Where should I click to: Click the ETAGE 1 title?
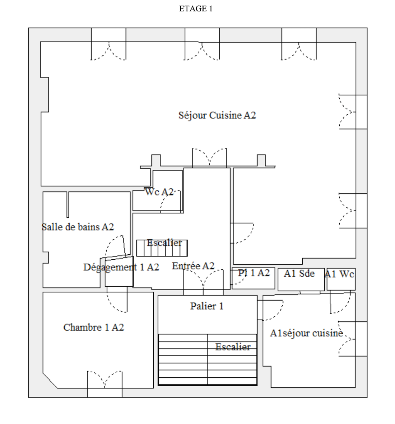pos(195,9)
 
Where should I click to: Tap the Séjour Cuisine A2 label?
pos(217,116)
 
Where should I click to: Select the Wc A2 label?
pos(159,192)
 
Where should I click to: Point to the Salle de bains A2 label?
pos(78,227)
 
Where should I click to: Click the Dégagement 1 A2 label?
pos(121,267)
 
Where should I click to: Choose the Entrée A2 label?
pos(193,266)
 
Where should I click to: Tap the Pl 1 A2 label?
pos(254,273)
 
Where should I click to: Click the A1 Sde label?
pos(299,273)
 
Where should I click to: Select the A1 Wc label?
pos(339,274)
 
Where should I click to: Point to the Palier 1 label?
pos(206,306)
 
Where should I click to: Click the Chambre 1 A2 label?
pos(94,328)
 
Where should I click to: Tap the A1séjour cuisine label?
pos(306,333)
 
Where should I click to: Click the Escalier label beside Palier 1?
pos(233,347)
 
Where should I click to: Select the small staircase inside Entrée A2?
pos(162,248)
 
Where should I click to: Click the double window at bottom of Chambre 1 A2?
pos(105,384)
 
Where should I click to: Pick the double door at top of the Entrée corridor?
pos(209,157)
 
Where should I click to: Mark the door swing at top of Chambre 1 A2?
pos(117,300)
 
